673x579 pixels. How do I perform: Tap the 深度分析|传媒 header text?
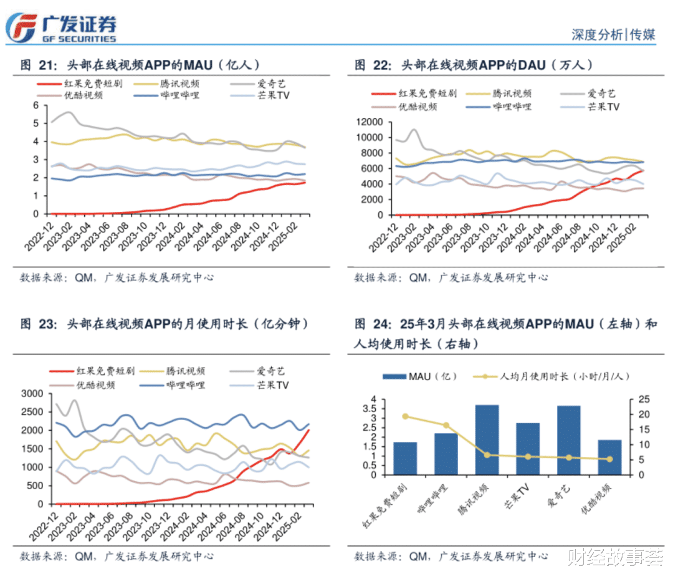tap(613, 35)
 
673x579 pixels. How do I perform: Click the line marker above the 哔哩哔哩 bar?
tap(446, 425)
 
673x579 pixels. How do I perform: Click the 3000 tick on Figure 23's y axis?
tap(32, 393)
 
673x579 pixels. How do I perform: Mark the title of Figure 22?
tap(474, 65)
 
